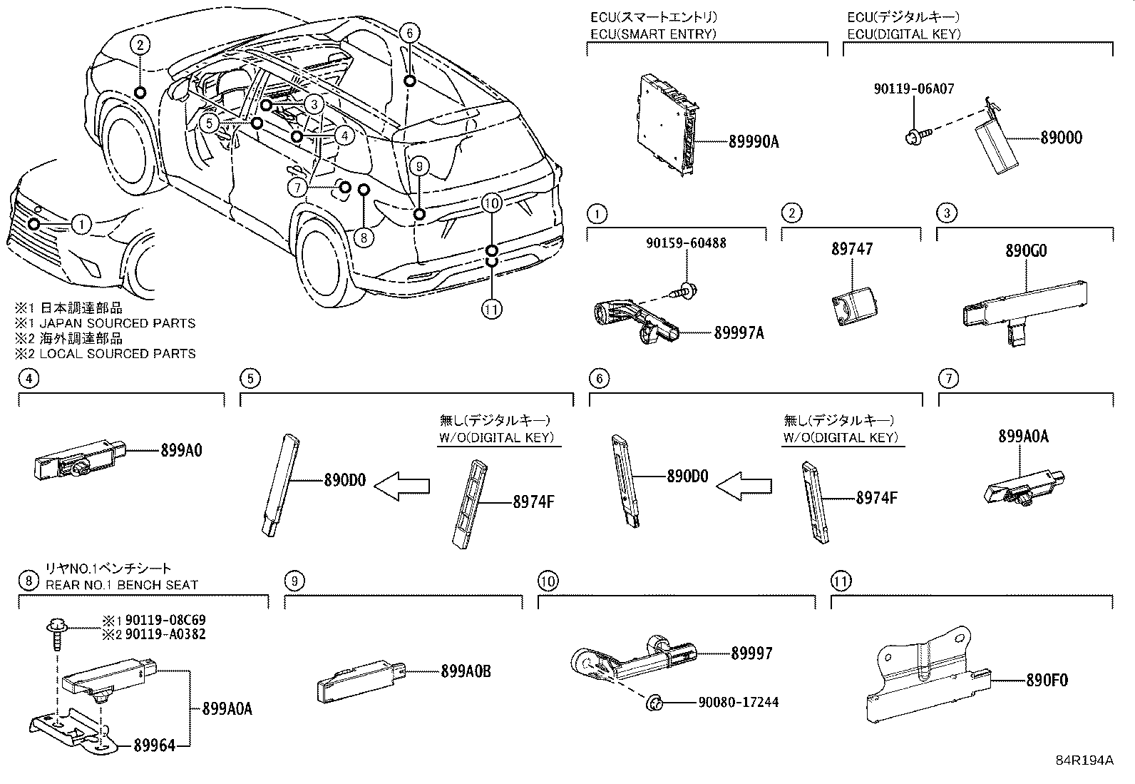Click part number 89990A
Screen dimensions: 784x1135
pos(754,142)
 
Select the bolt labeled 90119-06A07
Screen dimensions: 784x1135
pos(912,136)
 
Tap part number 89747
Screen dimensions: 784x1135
pos(851,249)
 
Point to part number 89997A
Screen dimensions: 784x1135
pos(739,333)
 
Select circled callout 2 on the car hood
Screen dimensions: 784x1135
pos(140,45)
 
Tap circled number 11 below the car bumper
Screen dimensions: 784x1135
pos(492,309)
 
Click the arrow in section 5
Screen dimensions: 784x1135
pos(402,487)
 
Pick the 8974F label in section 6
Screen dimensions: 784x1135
pos(877,498)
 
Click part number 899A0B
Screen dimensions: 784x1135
pos(466,671)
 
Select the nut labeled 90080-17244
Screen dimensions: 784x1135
pos(738,703)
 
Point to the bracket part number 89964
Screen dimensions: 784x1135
pos(153,745)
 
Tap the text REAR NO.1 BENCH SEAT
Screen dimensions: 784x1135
pos(122,585)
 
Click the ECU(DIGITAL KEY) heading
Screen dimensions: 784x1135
pos(903,34)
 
